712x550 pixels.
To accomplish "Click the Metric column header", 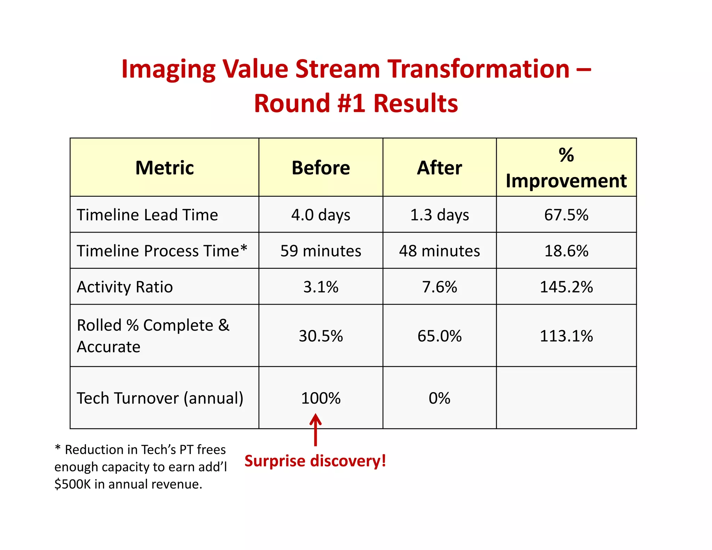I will (164, 168).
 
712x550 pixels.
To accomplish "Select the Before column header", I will (321, 168).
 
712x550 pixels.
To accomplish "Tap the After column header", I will (439, 168).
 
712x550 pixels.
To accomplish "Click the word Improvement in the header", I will (566, 181).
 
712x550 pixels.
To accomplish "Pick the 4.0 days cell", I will (321, 215).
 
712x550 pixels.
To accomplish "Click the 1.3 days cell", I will (439, 215).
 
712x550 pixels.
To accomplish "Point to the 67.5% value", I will (566, 215).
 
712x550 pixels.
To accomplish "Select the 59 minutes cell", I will (321, 251).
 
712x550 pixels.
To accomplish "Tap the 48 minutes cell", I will (439, 251).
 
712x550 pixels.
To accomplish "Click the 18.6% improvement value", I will (566, 251).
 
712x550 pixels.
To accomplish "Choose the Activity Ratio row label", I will (125, 287).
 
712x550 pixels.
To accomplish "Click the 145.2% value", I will (566, 287).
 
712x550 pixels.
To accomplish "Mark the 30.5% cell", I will (321, 336).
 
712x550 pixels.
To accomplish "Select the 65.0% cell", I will (439, 336).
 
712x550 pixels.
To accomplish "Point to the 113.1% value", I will (566, 336).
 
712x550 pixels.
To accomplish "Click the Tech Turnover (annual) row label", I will (160, 398).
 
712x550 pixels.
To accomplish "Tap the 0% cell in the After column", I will (439, 398).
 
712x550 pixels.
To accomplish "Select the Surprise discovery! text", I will (315, 461).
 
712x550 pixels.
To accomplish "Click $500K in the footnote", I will (72, 484).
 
